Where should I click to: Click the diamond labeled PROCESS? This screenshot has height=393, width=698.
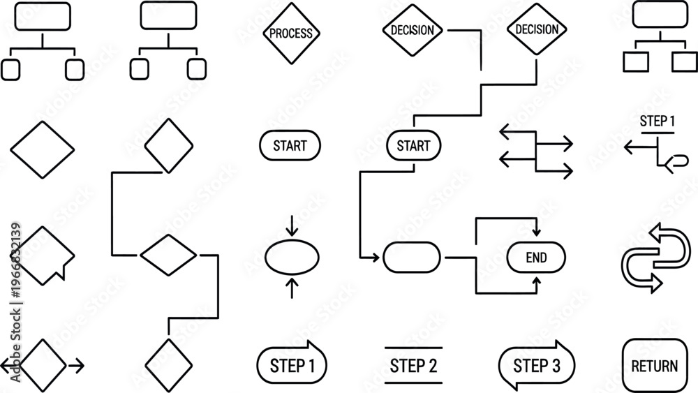pos(291,34)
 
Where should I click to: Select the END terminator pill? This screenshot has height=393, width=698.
pos(536,258)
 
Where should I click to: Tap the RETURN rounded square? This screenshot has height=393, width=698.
pos(655,366)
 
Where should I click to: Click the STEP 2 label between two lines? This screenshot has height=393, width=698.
pos(413,365)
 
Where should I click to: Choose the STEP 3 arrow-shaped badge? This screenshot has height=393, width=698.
pos(536,365)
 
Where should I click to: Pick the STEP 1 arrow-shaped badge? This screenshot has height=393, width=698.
pos(292,365)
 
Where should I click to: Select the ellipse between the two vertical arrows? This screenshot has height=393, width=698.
pos(292,258)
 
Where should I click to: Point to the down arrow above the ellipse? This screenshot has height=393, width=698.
pos(292,225)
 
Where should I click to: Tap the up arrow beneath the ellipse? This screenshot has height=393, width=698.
pos(292,288)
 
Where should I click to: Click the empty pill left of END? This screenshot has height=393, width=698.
pos(412,258)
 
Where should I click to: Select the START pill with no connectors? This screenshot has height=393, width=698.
pos(290,145)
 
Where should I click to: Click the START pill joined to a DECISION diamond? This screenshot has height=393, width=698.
pos(413,145)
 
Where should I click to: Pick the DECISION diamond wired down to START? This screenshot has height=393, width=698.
pos(536,29)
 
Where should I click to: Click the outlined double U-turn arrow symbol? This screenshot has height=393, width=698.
pos(655,258)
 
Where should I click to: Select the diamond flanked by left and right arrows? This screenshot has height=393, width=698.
pos(43,365)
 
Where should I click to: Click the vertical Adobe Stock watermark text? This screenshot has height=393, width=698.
pos(15,302)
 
